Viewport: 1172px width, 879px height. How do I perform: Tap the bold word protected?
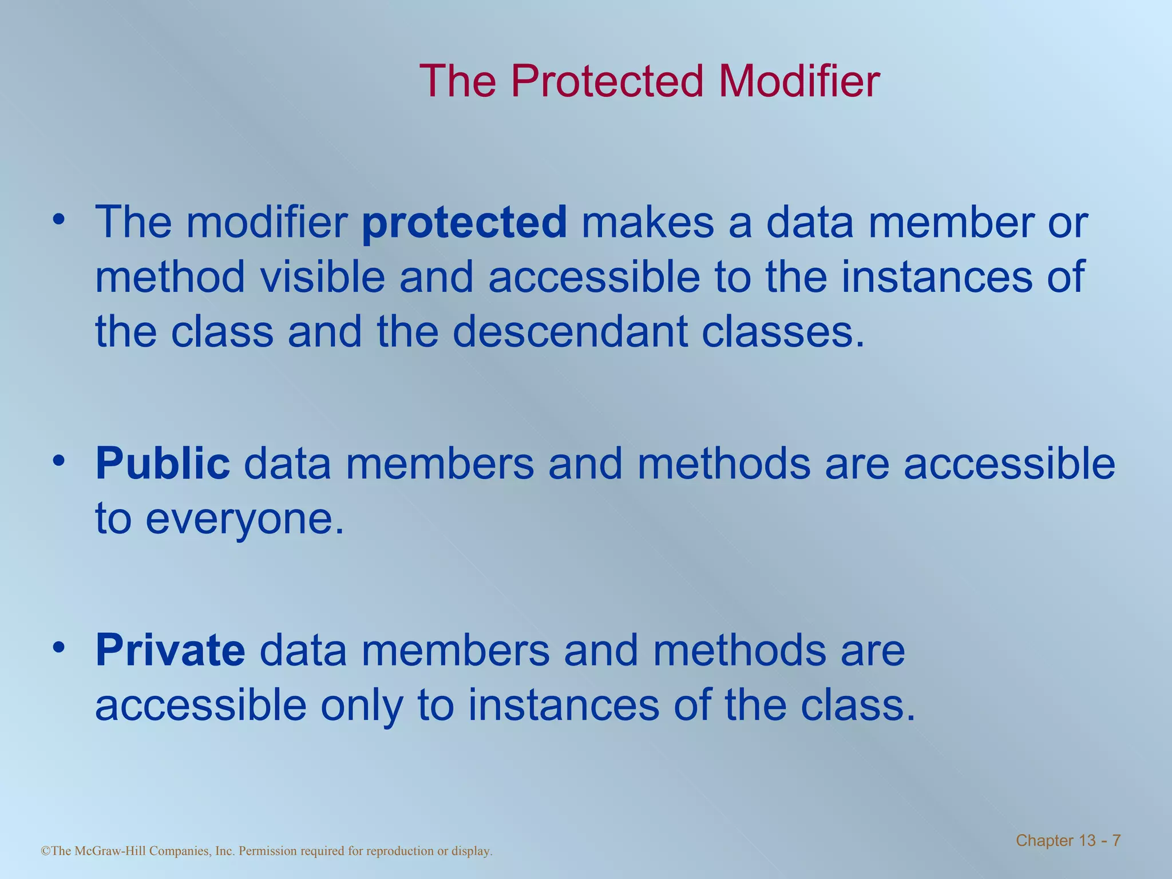464,223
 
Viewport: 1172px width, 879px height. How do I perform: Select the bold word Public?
163,464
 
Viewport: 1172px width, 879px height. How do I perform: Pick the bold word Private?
170,651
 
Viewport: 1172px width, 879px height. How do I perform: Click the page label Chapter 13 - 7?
1068,841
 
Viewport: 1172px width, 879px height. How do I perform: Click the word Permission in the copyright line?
267,851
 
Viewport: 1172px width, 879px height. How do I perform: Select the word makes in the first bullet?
648,223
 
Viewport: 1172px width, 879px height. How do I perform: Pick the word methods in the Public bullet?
724,464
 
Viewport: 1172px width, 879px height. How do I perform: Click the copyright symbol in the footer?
46,851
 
